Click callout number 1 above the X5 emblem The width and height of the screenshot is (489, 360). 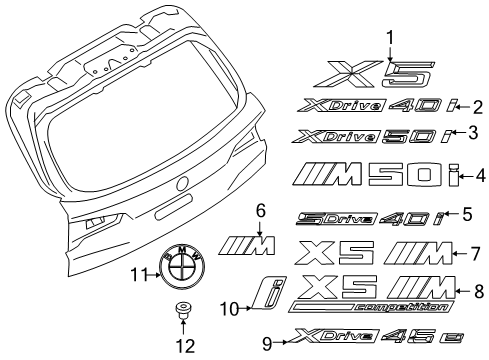(389, 38)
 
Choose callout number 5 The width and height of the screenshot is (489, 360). (468, 214)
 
